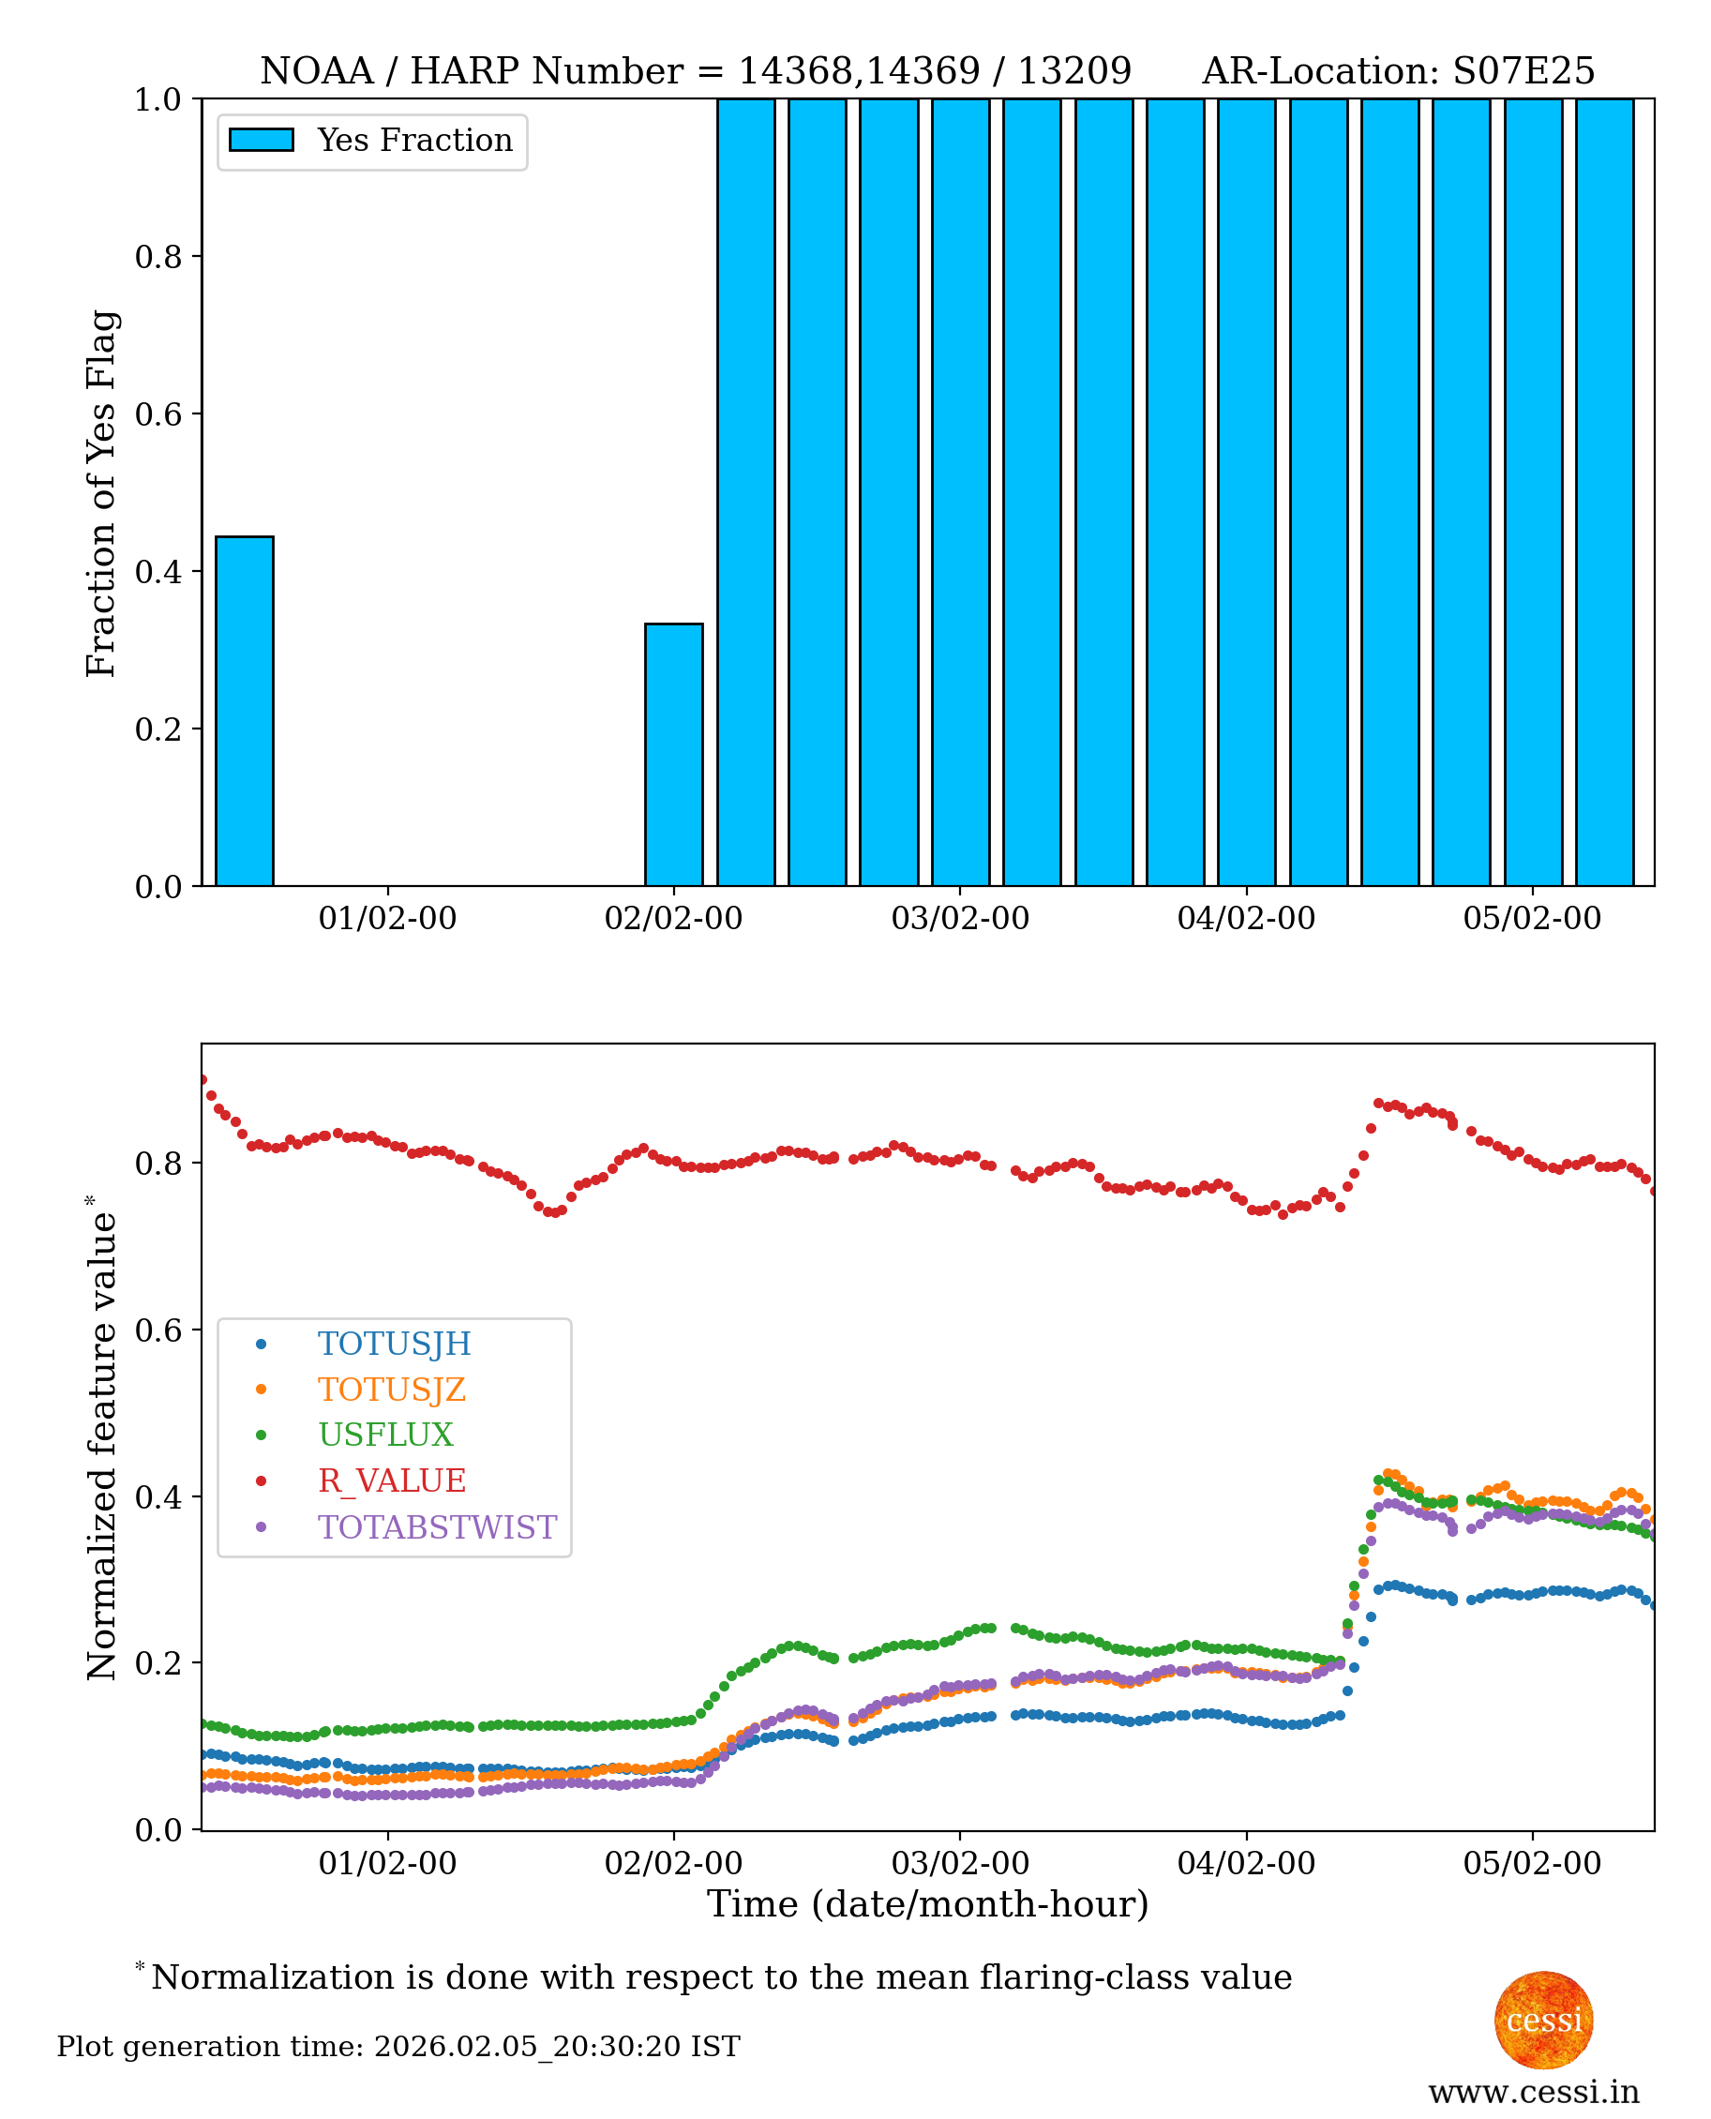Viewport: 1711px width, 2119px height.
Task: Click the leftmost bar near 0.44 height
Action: pos(245,711)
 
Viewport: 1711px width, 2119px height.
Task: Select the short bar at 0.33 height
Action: pos(673,754)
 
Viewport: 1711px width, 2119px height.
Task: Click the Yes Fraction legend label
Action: pos(414,141)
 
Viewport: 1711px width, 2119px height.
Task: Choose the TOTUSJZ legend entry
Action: pos(390,1390)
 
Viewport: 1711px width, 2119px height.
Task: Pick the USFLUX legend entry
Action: pos(384,1435)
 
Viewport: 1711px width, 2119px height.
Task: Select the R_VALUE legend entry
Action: pos(390,1480)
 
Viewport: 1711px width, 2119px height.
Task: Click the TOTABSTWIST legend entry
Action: pos(436,1526)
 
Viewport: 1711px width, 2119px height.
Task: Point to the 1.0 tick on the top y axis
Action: pos(158,99)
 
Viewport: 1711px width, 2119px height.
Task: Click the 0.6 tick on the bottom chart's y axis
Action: pos(158,1330)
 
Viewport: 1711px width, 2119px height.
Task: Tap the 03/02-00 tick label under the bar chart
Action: pos(959,919)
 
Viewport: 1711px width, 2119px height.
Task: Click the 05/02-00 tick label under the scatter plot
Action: pos(1532,1864)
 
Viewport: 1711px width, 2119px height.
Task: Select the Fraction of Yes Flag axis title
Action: pos(101,493)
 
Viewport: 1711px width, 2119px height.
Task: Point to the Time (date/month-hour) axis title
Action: pos(927,1904)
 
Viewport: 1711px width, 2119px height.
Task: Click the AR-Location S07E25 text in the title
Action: pos(1398,71)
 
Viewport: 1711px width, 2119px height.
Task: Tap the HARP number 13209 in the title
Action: pos(1074,71)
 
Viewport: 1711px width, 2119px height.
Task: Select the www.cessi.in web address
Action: pos(1533,2092)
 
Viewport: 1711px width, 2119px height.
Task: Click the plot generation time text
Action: pos(398,2047)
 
